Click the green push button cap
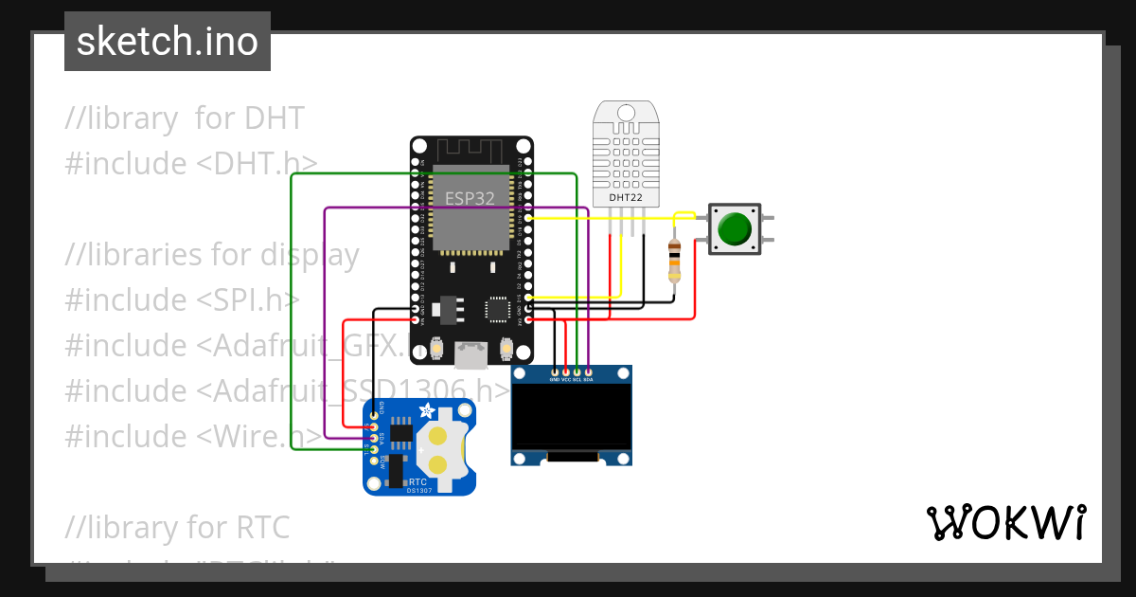tap(735, 229)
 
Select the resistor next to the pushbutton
tap(674, 260)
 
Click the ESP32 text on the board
tap(470, 198)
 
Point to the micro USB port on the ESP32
tap(470, 355)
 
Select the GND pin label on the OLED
tap(555, 379)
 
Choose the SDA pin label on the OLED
tap(588, 379)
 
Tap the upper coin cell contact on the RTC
tap(438, 437)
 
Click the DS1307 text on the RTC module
tap(419, 490)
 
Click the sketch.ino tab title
tap(168, 42)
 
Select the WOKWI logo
tap(1005, 522)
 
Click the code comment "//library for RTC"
tap(178, 527)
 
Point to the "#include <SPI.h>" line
tap(182, 299)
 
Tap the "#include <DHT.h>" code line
tap(191, 163)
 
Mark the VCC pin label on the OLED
tap(566, 379)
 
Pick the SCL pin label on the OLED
tap(577, 379)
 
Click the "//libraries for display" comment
tap(212, 255)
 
